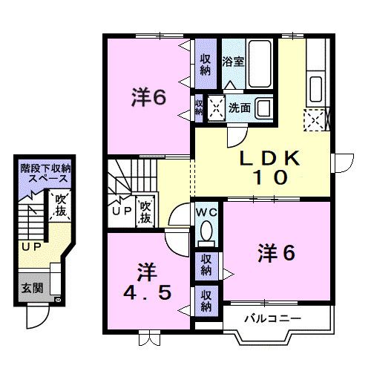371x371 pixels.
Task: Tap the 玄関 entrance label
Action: point(31,288)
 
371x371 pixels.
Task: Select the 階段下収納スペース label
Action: point(46,175)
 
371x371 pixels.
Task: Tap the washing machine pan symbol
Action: point(218,108)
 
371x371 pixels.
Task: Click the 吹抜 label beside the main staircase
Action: point(145,211)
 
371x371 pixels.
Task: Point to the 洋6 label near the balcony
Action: point(276,252)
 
